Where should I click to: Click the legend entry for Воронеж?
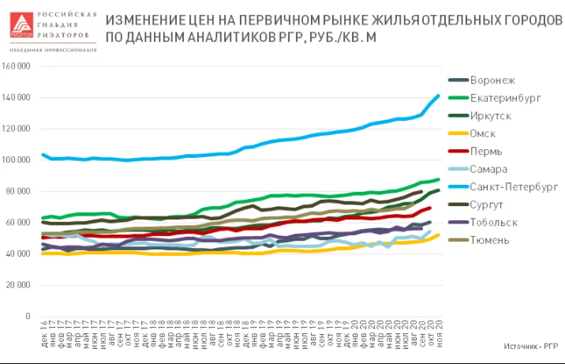pyautogui.click(x=492, y=80)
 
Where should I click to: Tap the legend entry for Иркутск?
pyautogui.click(x=490, y=115)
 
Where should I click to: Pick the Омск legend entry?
pyautogui.click(x=482, y=133)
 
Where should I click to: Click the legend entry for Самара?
pyautogui.click(x=488, y=169)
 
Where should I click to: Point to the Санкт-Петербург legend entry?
pyautogui.click(x=514, y=187)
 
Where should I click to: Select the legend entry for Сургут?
pyautogui.click(x=486, y=205)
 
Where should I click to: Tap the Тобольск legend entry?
pyautogui.click(x=493, y=222)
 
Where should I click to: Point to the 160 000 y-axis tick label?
pyautogui.click(x=17, y=66)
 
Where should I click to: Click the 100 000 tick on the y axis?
pyautogui.click(x=17, y=160)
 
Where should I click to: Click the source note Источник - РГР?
pyautogui.click(x=531, y=346)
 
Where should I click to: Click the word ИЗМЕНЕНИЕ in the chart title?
pyautogui.click(x=143, y=18)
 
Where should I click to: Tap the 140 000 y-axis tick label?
pyautogui.click(x=17, y=98)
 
